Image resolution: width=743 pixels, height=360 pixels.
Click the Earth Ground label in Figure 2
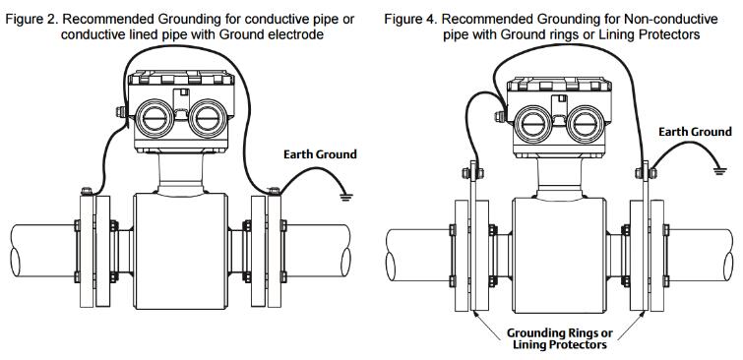tap(320, 154)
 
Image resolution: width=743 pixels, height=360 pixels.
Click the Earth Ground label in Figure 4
tap(695, 132)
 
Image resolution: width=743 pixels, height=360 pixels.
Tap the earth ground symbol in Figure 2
tap(346, 196)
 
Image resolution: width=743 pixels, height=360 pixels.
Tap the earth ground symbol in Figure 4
tap(719, 170)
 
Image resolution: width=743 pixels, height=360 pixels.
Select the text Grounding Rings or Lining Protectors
tap(560, 338)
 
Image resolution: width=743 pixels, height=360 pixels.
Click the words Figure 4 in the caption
tap(410, 20)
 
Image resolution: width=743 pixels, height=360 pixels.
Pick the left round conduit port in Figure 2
tap(155, 118)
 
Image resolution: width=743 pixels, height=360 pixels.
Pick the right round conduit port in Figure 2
tap(208, 118)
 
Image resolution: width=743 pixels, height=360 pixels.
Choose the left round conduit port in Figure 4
tap(533, 124)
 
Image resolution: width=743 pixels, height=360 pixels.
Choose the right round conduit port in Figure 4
tap(586, 124)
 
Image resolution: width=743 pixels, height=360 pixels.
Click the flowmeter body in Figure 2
tap(180, 251)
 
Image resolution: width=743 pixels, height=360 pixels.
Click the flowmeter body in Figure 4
tap(559, 256)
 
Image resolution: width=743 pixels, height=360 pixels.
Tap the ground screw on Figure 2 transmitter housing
tap(121, 112)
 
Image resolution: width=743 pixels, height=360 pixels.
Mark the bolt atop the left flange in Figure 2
tap(87, 192)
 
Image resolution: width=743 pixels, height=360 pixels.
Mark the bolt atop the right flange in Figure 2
tap(275, 192)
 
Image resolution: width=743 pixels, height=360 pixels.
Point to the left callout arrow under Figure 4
tap(487, 326)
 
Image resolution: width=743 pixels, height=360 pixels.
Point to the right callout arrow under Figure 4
tap(631, 326)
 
